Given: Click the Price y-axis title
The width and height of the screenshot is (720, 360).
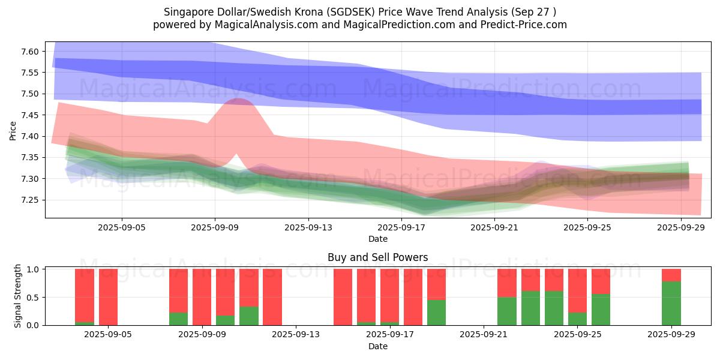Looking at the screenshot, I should pos(13,130).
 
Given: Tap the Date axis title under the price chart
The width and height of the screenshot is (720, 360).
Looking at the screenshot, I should pos(378,239).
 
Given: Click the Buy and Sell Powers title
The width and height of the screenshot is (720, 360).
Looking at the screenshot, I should pos(378,257).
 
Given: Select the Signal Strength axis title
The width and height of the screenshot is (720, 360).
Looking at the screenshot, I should pos(18,296).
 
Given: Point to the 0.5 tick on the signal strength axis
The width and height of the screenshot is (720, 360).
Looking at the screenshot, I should pos(34,298).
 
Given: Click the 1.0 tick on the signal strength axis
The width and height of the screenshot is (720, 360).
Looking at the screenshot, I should pos(34,269).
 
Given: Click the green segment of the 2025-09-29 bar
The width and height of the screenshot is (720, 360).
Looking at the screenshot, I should pos(671,303).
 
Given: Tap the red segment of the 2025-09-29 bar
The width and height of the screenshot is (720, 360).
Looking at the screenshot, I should pos(671,275).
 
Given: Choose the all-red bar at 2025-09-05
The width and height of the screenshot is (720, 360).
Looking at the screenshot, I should pos(108,297).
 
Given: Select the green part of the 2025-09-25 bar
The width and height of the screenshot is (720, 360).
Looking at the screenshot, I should pos(577,319).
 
